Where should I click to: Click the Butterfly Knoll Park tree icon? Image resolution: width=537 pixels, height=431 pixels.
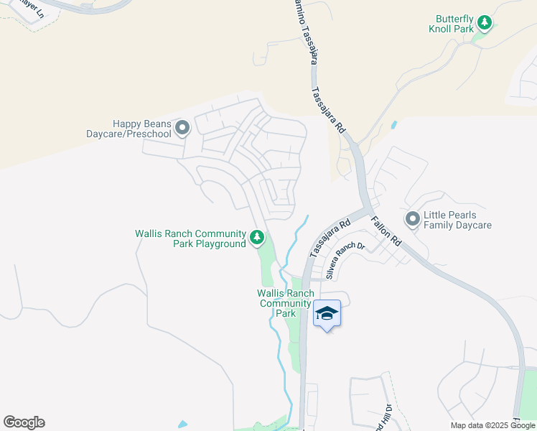pyautogui.click(x=485, y=24)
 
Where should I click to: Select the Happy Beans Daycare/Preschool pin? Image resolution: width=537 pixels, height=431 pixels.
pyautogui.click(x=182, y=129)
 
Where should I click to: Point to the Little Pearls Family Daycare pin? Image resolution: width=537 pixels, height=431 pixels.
pyautogui.click(x=413, y=218)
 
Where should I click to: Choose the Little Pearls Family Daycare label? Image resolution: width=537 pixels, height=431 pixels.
pyautogui.click(x=457, y=220)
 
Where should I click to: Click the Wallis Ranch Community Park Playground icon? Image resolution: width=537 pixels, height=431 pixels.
pyautogui.click(x=256, y=237)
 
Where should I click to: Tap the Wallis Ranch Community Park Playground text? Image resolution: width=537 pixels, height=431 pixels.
pyautogui.click(x=190, y=238)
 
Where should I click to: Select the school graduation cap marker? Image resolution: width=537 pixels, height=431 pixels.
pyautogui.click(x=327, y=314)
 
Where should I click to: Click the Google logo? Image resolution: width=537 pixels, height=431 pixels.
pyautogui.click(x=24, y=422)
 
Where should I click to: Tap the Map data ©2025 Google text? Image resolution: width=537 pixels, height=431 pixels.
pyautogui.click(x=493, y=425)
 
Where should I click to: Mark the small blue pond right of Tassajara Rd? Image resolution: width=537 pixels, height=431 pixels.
pyautogui.click(x=393, y=124)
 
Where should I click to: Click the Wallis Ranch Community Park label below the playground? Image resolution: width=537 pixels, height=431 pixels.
pyautogui.click(x=286, y=303)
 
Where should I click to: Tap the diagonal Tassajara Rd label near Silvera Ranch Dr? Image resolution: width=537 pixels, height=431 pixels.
pyautogui.click(x=330, y=238)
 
